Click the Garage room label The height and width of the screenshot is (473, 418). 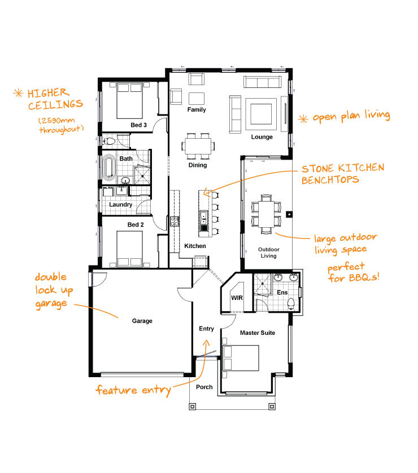142,321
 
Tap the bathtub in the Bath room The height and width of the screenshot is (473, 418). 108,167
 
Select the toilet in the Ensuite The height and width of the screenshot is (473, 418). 291,303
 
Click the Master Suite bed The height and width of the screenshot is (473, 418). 241,358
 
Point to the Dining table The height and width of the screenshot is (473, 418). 198,146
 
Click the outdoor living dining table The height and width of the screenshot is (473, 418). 266,214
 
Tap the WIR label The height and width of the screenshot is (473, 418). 237,298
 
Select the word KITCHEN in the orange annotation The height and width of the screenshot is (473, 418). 361,168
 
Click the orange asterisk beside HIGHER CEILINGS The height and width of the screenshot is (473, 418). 18,93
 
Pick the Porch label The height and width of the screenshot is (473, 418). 204,387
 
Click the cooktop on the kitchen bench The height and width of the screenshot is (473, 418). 175,222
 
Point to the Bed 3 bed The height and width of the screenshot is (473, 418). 130,101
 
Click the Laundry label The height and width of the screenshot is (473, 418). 120,205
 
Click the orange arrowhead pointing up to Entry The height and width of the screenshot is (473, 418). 206,342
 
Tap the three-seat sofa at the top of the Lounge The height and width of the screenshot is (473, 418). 263,82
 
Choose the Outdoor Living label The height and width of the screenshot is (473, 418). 269,253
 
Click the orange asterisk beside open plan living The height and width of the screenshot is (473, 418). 303,119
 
